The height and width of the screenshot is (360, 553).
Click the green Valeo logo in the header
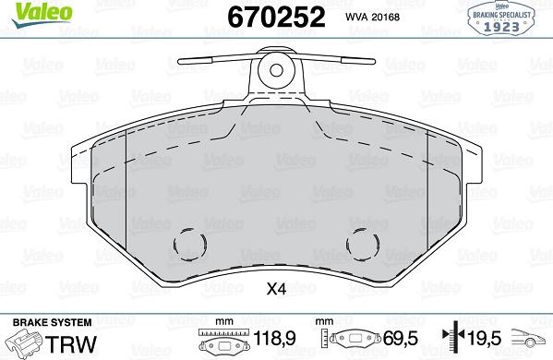tap(42, 14)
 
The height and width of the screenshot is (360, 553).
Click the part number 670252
tap(276, 17)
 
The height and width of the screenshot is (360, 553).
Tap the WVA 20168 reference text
tap(372, 17)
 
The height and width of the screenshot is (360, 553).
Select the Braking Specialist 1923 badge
tap(501, 18)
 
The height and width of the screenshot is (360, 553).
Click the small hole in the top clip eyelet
tap(276, 70)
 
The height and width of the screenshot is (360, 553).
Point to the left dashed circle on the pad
tap(190, 244)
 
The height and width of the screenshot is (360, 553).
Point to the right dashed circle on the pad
tap(363, 244)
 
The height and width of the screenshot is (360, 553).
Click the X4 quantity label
tap(276, 289)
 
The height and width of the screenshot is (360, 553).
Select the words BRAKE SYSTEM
tap(53, 322)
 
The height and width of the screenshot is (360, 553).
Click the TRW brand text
tap(71, 344)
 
